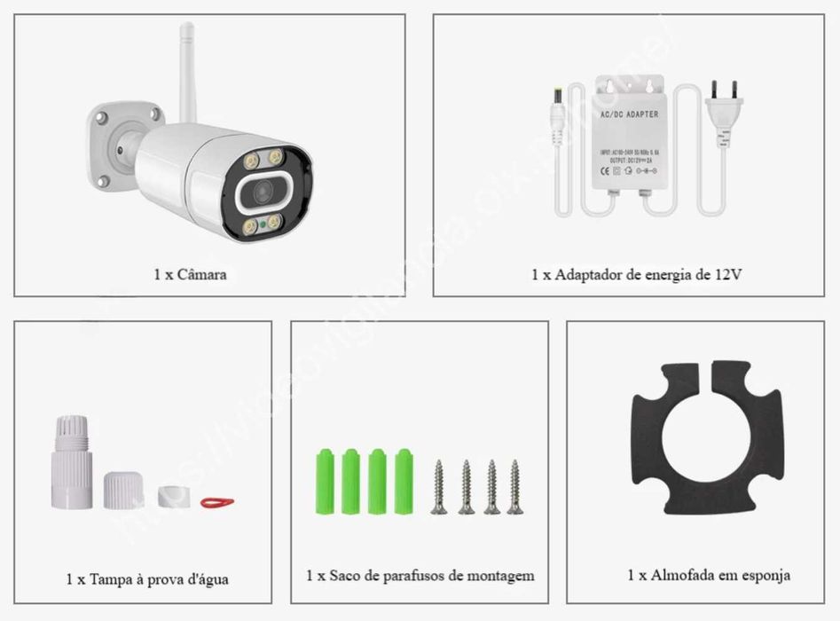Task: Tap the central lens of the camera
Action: [264, 193]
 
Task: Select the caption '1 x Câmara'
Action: [189, 274]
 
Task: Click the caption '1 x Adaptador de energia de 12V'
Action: [636, 274]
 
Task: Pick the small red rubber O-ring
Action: [216, 502]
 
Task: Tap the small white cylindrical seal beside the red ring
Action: [171, 496]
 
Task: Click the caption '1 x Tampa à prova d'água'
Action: [147, 579]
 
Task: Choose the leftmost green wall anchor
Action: [326, 482]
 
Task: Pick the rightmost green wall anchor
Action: [404, 482]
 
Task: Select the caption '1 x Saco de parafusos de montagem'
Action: [420, 576]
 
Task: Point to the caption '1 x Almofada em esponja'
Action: [708, 576]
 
